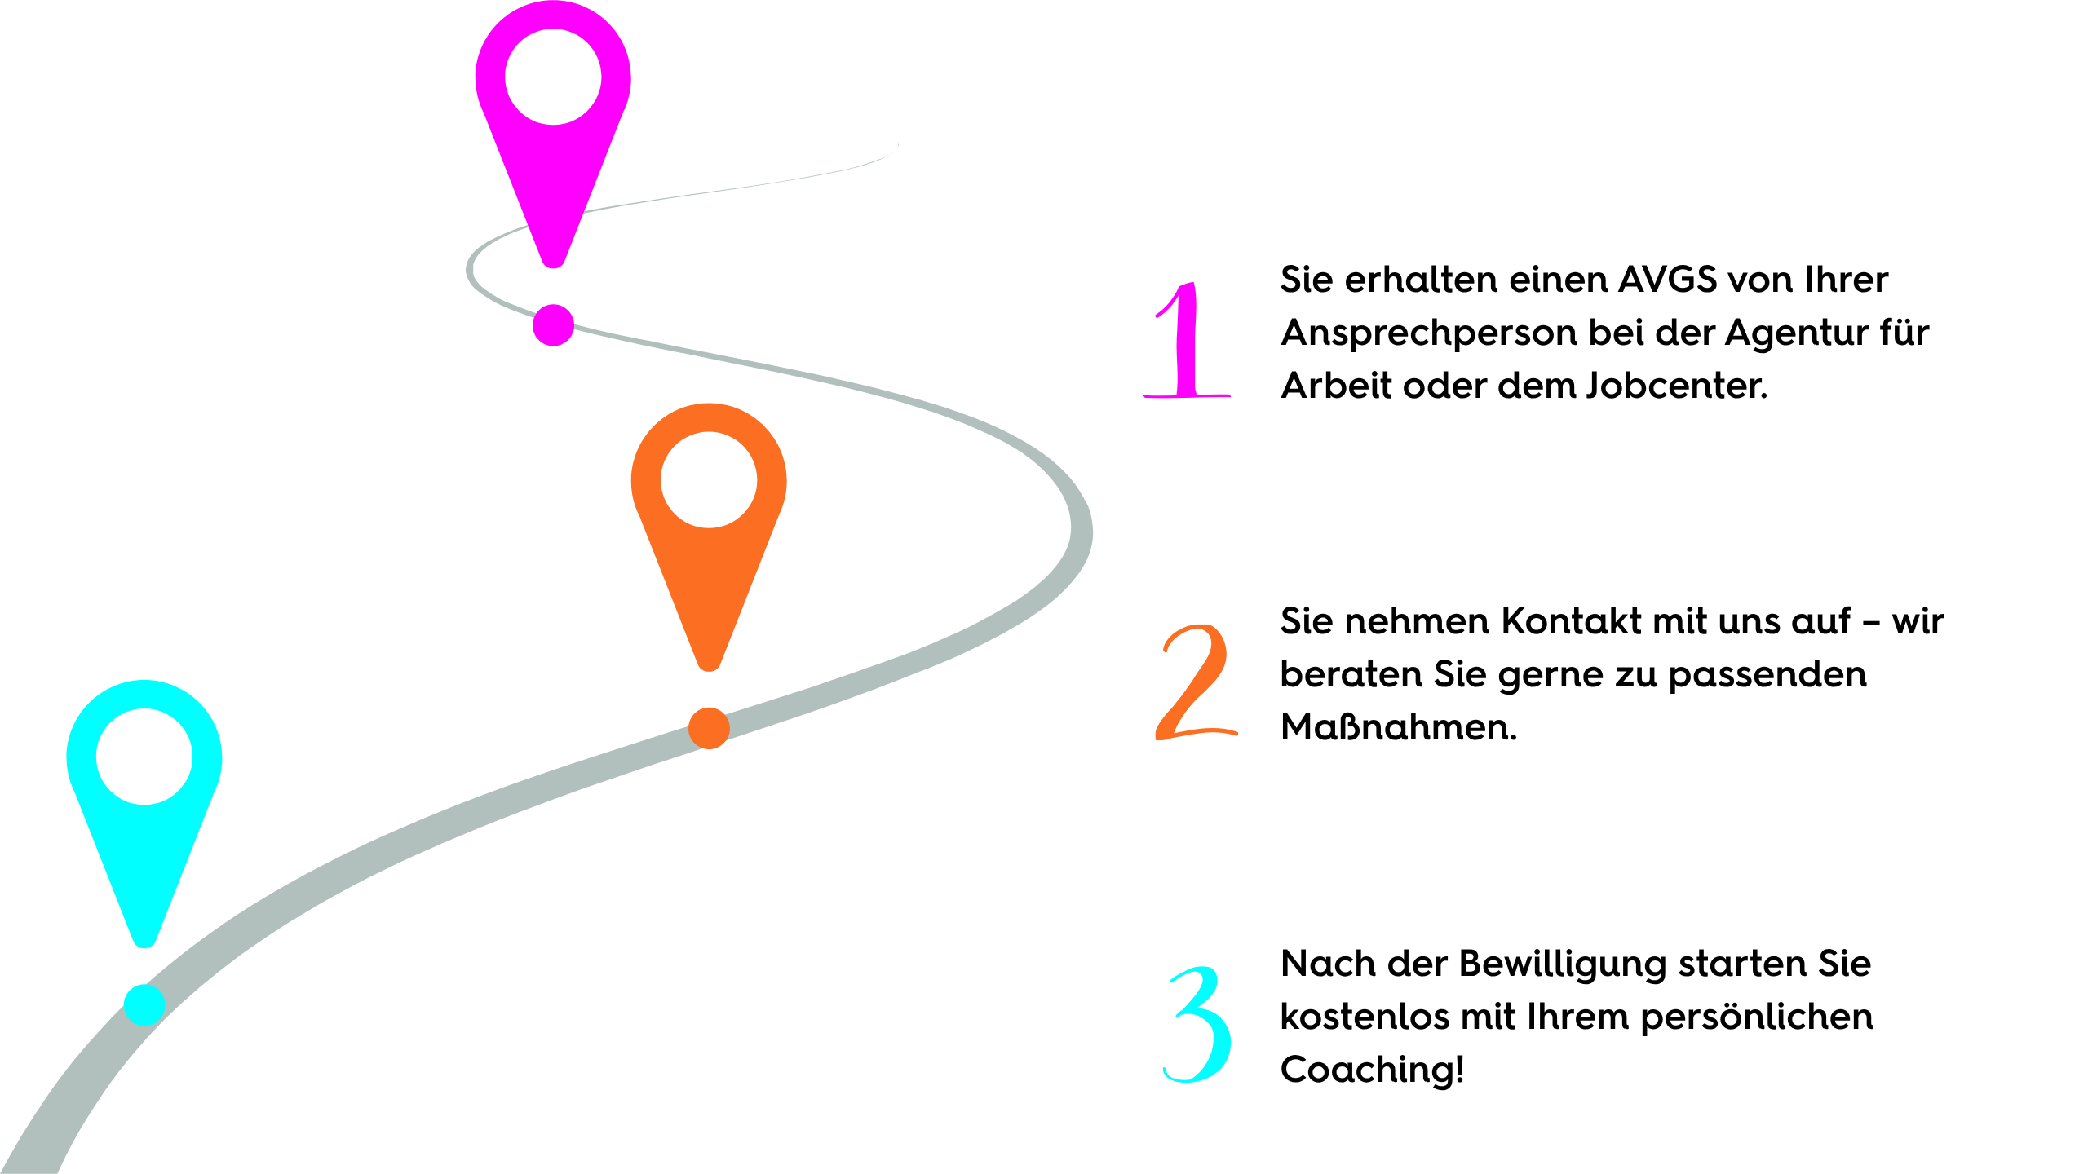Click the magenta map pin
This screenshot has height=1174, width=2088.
pyautogui.click(x=553, y=196)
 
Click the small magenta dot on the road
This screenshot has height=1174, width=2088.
pyautogui.click(x=553, y=325)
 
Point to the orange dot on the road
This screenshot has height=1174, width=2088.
pyautogui.click(x=709, y=728)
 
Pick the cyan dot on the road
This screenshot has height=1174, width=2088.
pyautogui.click(x=144, y=1004)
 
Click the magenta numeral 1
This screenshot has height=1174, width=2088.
pyautogui.click(x=1187, y=340)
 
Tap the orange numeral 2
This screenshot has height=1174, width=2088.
pyautogui.click(x=1197, y=682)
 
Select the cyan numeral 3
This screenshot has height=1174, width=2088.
pyautogui.click(x=1197, y=1025)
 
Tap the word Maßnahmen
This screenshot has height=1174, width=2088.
pyautogui.click(x=1399, y=727)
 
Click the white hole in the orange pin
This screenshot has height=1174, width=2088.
pyautogui.click(x=709, y=479)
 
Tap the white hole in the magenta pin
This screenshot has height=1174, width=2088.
pyautogui.click(x=553, y=77)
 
